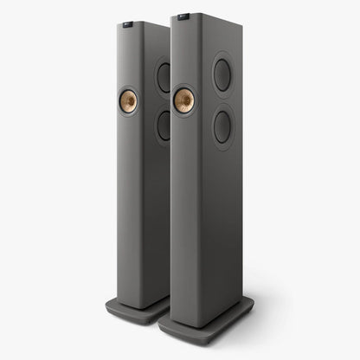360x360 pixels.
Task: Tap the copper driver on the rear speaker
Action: pyautogui.click(x=128, y=100)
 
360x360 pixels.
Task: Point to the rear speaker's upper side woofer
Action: pyautogui.click(x=163, y=77)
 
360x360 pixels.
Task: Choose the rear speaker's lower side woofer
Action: pyautogui.click(x=163, y=125)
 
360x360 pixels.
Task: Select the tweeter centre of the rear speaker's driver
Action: pyautogui.click(x=128, y=100)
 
